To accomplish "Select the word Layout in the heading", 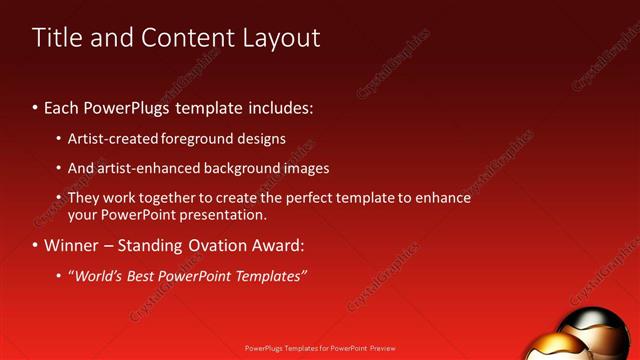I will (x=282, y=38).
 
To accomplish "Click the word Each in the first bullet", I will (x=62, y=106).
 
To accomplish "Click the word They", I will (x=84, y=198).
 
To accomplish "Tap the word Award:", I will (x=275, y=245).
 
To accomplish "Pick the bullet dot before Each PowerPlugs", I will (x=36, y=107).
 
